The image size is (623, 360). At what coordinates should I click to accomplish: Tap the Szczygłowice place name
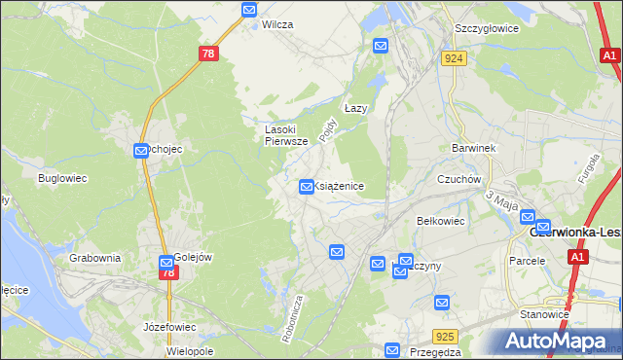tap(486, 28)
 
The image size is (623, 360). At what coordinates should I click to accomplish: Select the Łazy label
tap(355, 109)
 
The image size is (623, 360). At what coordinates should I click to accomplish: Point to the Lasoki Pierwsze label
tap(287, 134)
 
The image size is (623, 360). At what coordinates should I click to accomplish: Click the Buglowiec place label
tap(63, 178)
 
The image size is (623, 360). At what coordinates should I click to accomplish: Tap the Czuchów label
tap(459, 179)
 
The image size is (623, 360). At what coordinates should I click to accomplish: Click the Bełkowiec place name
tap(441, 221)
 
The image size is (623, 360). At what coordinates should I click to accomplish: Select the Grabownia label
tap(95, 258)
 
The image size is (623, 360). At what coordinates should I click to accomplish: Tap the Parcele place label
tap(528, 261)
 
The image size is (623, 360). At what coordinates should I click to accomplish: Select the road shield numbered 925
tap(446, 337)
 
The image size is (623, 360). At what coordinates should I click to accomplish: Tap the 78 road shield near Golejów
tap(168, 273)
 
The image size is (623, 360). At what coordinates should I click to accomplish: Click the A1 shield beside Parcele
tap(578, 257)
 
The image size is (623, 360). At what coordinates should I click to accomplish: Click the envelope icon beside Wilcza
tap(249, 11)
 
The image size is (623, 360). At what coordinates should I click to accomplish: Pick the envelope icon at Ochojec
tap(141, 150)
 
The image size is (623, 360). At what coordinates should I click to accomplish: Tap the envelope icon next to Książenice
tap(307, 185)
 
